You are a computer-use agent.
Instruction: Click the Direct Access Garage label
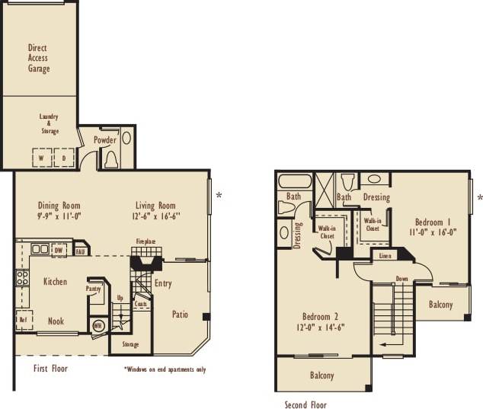click(x=39, y=58)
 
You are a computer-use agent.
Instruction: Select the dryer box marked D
click(x=64, y=158)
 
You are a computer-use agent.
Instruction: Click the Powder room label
click(x=105, y=140)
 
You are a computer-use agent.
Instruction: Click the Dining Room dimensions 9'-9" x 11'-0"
click(x=59, y=216)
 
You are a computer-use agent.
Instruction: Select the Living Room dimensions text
click(x=155, y=216)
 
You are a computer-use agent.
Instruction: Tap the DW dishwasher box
click(x=58, y=249)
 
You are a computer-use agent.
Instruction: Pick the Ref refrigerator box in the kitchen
click(x=23, y=320)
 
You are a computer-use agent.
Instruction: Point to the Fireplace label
click(x=146, y=241)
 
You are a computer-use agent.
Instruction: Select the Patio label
click(x=180, y=314)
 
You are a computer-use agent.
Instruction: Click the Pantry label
click(x=94, y=289)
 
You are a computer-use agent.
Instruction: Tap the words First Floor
click(x=51, y=369)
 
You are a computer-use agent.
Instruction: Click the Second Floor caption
click(x=305, y=404)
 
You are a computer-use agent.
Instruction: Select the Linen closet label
click(x=385, y=256)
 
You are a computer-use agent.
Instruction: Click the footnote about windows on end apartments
click(x=165, y=369)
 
